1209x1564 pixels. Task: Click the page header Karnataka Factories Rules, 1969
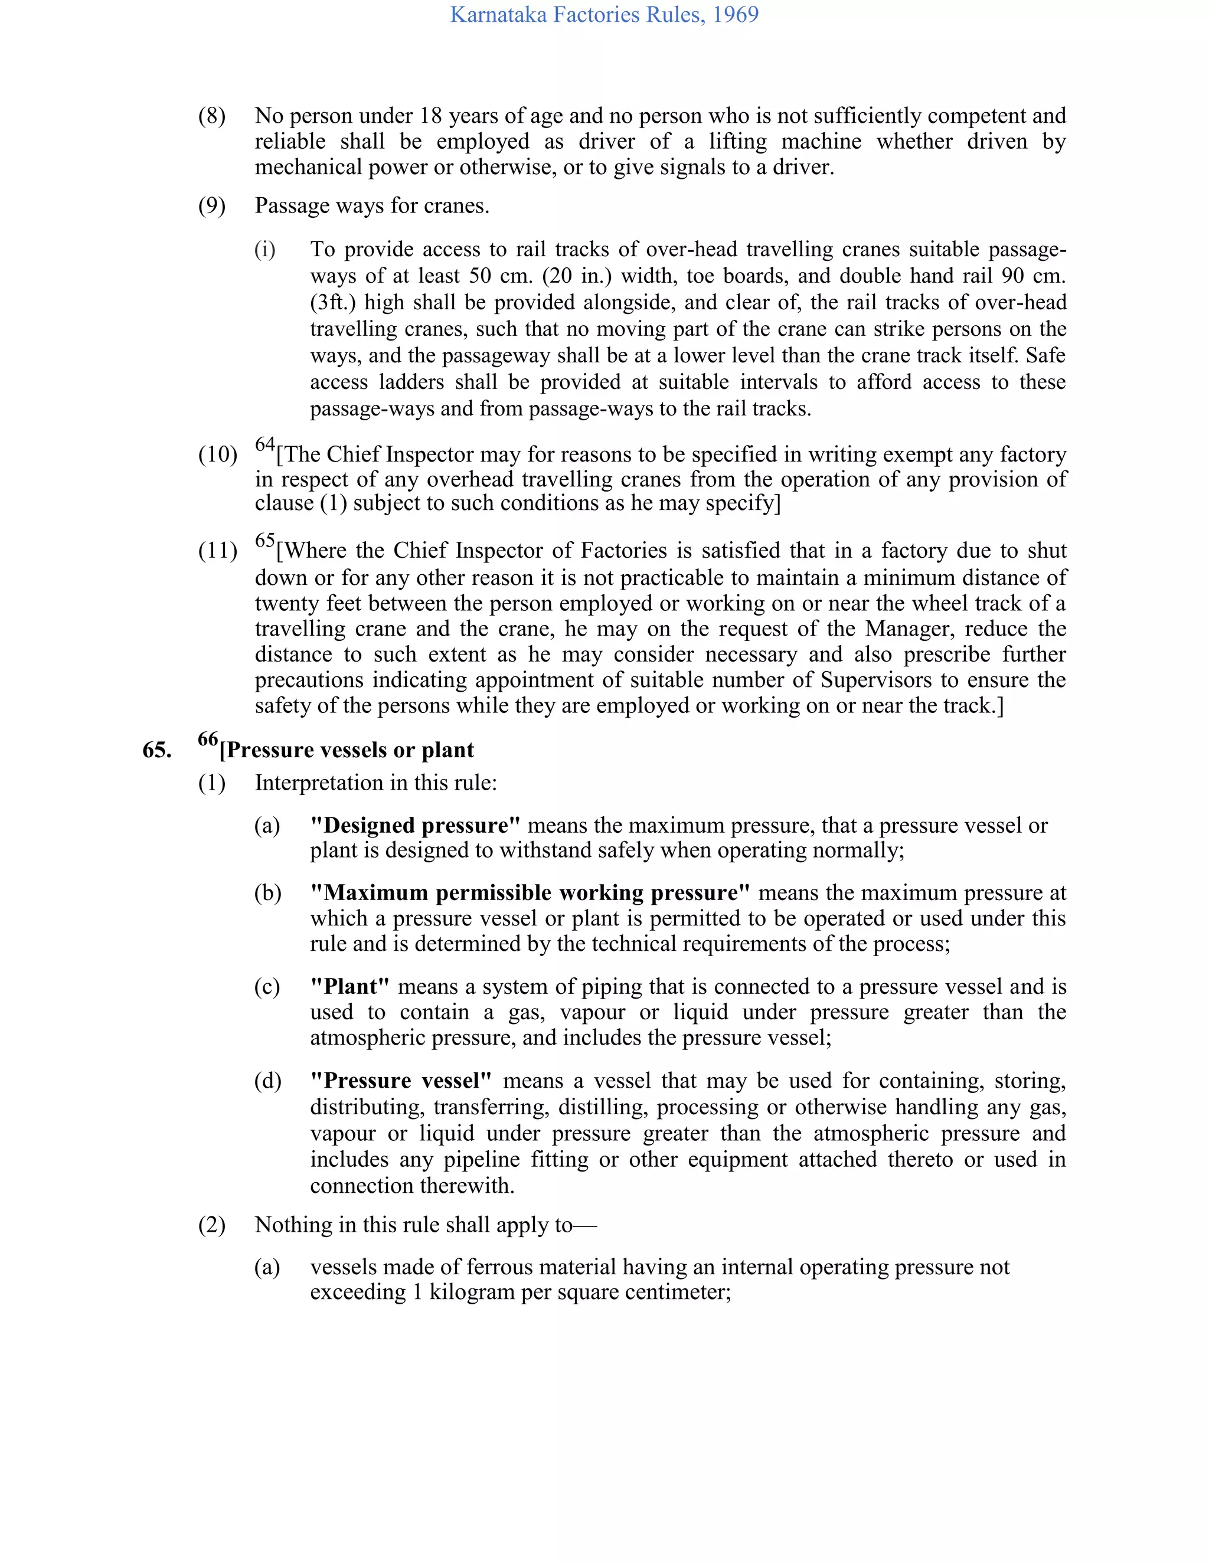604,14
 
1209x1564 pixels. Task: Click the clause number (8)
211,116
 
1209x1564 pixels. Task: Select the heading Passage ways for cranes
372,206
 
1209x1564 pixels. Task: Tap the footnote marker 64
265,444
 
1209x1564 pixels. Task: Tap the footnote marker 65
265,540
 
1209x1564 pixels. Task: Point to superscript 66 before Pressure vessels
208,739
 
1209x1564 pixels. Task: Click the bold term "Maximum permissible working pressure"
530,893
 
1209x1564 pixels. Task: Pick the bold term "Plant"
349,987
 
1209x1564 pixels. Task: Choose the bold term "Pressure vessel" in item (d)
401,1081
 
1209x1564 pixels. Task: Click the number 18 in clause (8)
430,116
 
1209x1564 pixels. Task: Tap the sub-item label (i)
264,250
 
